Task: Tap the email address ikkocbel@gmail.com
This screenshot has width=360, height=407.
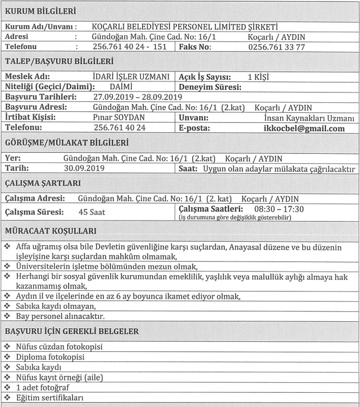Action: click(x=304, y=129)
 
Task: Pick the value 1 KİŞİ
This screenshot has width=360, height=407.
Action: click(x=258, y=77)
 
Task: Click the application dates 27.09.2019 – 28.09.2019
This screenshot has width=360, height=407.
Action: click(x=137, y=97)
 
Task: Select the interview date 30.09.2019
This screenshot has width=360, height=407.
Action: click(x=84, y=168)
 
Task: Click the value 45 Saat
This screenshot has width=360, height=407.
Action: click(x=92, y=212)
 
